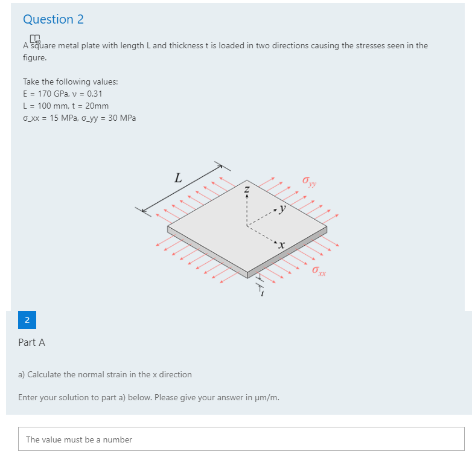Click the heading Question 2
tap(53, 19)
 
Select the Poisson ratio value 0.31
tap(94, 94)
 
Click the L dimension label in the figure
tap(177, 178)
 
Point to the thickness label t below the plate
tap(261, 293)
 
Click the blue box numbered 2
tap(27, 320)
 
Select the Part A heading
tap(31, 342)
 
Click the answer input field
tap(241, 439)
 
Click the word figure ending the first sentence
tap(34, 58)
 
